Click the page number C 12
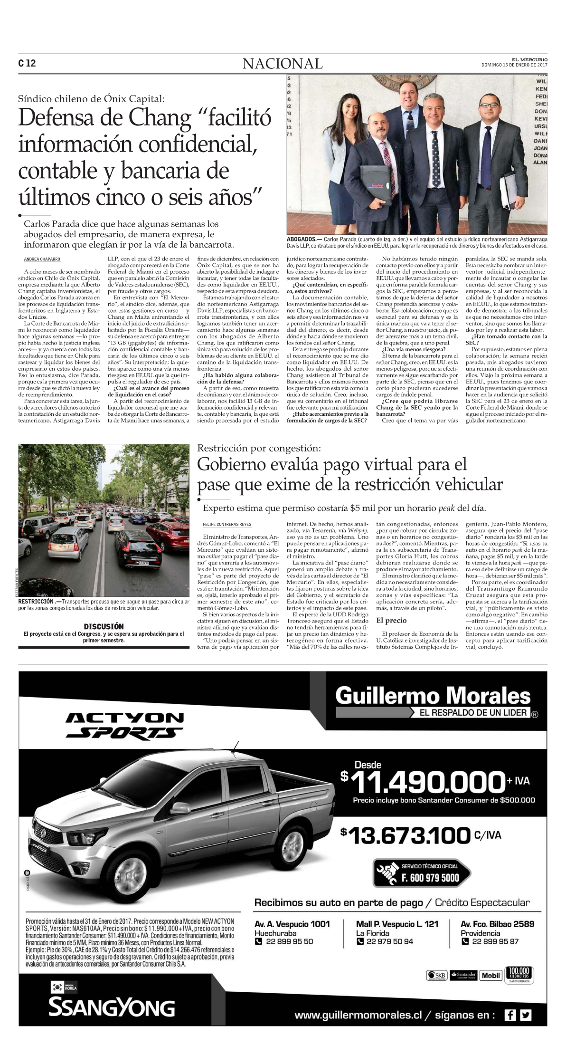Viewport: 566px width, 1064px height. pos(27,63)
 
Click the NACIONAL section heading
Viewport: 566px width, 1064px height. pos(283,63)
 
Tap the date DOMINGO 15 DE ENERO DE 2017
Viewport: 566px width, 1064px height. pos(514,65)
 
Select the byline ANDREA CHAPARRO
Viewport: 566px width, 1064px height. pos(42,259)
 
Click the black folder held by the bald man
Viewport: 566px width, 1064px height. pos(374,184)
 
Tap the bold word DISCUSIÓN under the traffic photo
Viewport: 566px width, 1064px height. pos(104,626)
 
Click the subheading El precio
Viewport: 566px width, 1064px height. pos(391,620)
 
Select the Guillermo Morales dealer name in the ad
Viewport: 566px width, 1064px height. pos(433,696)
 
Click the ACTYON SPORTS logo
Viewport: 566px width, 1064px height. pos(124,725)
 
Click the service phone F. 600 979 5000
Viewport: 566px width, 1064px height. pos(430,878)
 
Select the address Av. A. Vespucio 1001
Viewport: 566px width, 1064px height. pos(292,924)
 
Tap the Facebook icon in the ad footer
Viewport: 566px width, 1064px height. pos(510,1015)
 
